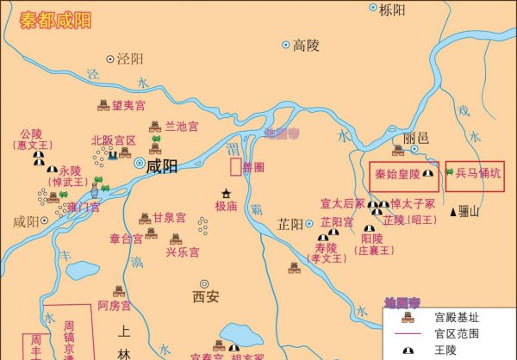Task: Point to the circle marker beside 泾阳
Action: [x=109, y=59]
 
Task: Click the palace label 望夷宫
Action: [x=128, y=105]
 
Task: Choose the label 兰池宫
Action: [x=182, y=127]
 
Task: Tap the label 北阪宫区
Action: [x=113, y=140]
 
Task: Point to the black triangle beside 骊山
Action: [x=453, y=212]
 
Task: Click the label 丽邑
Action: [x=415, y=139]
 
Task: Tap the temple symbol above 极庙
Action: [x=227, y=193]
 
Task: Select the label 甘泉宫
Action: [x=169, y=219]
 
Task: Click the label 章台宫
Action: [x=128, y=239]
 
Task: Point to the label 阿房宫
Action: [x=115, y=306]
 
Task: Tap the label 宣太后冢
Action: [x=342, y=204]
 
